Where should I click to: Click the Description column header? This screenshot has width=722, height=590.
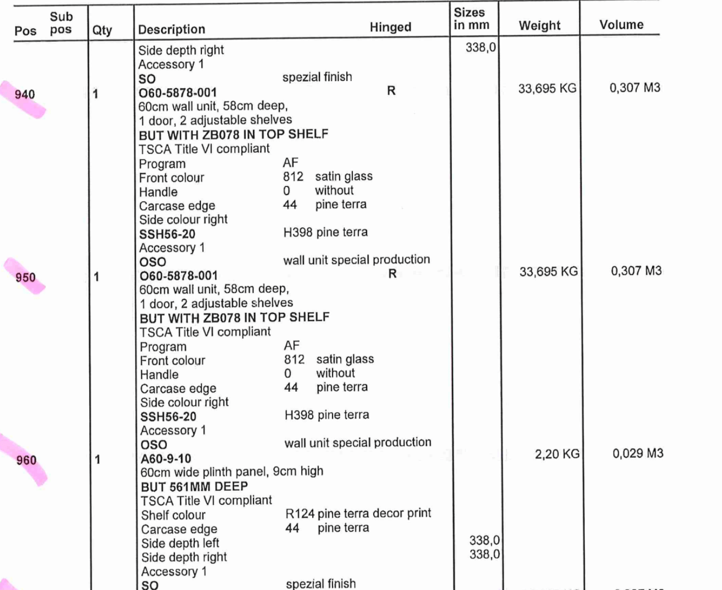click(171, 29)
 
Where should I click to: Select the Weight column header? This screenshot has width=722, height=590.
click(539, 25)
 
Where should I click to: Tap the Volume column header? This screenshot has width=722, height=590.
click(621, 25)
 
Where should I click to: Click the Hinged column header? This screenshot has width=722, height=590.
click(390, 27)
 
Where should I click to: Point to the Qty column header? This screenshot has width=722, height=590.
click(102, 30)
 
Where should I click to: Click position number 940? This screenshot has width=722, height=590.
click(25, 94)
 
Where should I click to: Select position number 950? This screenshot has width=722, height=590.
click(25, 277)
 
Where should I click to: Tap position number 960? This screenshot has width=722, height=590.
click(26, 460)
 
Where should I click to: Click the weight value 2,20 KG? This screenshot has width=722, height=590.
click(557, 454)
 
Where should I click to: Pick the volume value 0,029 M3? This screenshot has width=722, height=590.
click(637, 453)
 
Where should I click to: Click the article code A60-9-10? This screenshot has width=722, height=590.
click(166, 459)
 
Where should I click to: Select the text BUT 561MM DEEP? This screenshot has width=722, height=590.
click(194, 487)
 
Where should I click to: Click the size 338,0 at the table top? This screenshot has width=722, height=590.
click(480, 48)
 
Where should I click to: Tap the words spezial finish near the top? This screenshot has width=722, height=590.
click(317, 77)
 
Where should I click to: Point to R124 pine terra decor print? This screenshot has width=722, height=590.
click(358, 513)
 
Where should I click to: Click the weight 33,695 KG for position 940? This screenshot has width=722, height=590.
click(547, 89)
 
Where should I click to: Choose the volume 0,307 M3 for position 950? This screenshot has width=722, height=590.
click(636, 271)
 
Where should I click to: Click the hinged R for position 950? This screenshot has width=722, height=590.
click(392, 274)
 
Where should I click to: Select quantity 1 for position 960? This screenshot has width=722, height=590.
click(97, 460)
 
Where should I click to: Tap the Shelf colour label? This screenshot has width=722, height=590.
click(173, 515)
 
